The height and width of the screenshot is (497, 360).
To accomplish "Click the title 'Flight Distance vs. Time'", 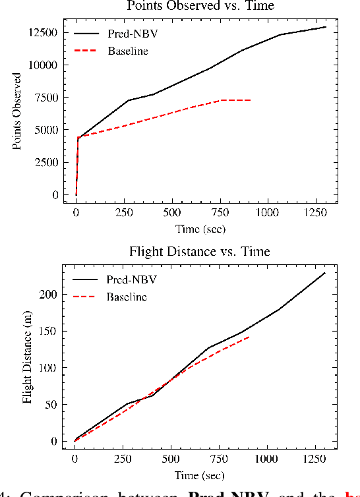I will coord(200,252).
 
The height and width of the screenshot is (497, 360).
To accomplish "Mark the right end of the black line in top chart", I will coord(326,27).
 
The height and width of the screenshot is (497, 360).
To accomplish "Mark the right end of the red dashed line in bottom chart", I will coord(249,337).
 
